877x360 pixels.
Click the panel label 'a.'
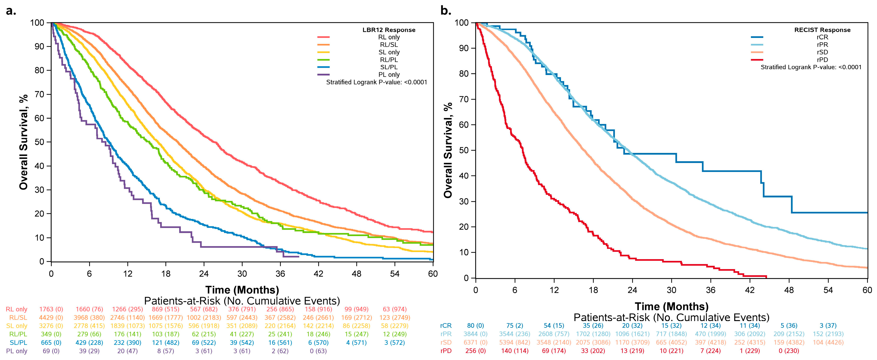click(x=11, y=11)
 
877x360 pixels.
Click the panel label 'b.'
click(x=446, y=11)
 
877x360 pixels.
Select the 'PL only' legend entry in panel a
click(x=389, y=75)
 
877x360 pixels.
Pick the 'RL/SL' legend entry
click(x=389, y=44)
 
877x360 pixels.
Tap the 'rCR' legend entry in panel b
click(x=822, y=37)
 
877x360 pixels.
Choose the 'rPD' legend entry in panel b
click(x=822, y=60)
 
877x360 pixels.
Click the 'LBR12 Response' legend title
click(x=389, y=30)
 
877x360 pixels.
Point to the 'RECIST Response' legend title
click(x=822, y=30)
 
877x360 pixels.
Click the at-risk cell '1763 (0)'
click(x=51, y=309)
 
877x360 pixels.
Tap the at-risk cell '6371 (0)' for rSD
click(x=475, y=342)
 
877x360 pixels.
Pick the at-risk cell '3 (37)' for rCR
click(x=828, y=326)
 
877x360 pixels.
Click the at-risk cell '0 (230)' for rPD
click(x=789, y=351)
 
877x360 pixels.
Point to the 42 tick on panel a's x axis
click(x=318, y=274)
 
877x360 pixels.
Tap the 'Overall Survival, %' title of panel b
click(x=448, y=150)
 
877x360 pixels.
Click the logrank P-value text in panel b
click(x=811, y=67)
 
